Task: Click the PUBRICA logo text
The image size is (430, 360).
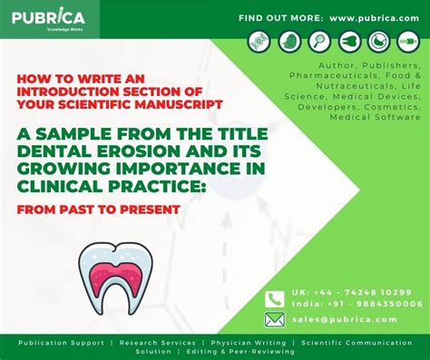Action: (50, 17)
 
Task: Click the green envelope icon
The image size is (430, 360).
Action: (275, 319)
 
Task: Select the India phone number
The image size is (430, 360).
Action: (370, 304)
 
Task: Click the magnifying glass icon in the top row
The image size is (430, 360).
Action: (319, 42)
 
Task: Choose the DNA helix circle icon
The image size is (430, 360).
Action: (259, 42)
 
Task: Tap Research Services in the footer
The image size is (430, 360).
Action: (153, 343)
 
